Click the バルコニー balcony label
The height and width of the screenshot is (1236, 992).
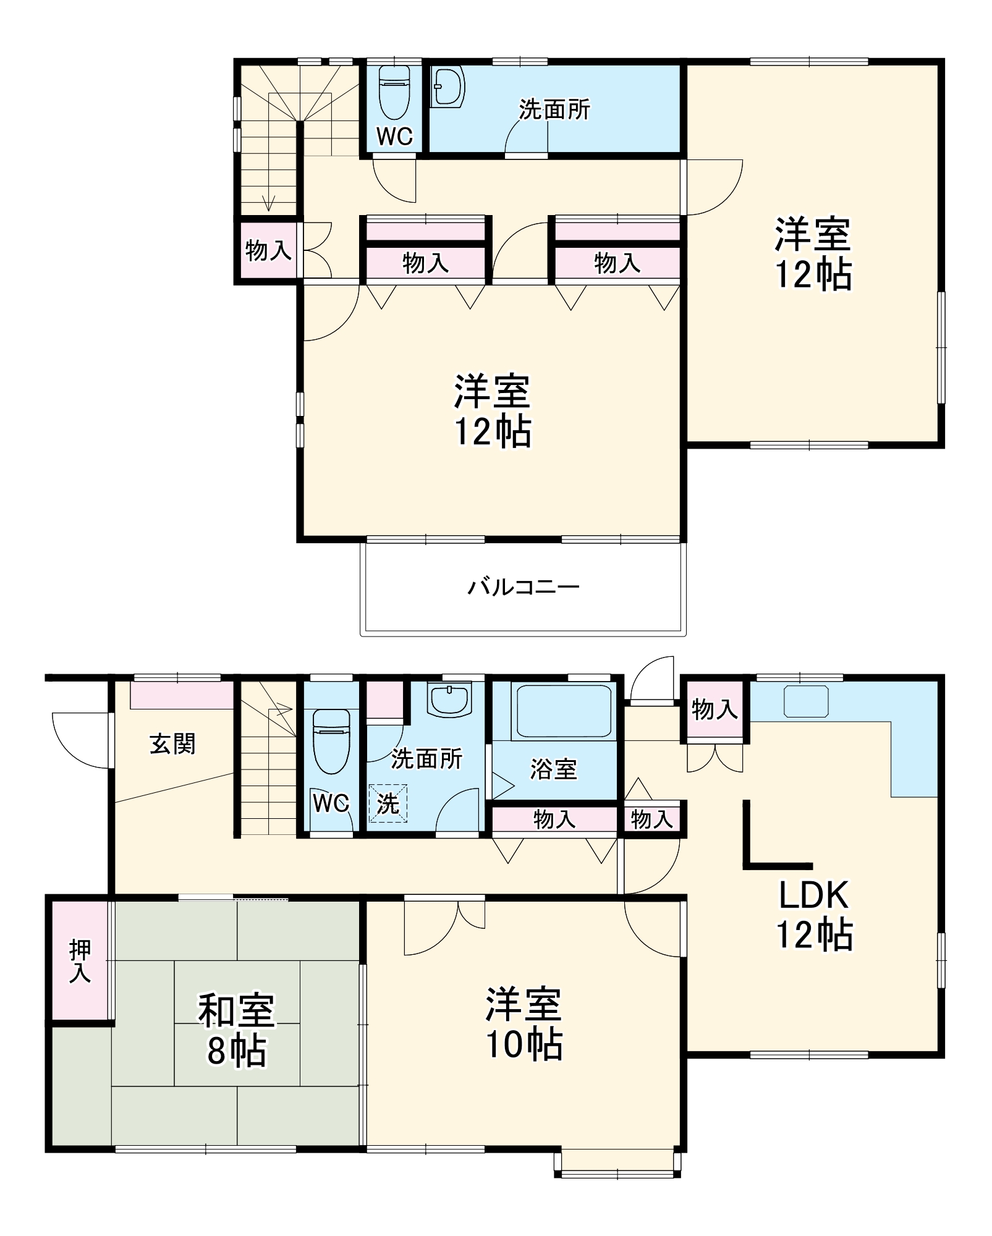(523, 586)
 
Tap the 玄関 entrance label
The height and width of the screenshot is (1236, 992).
(172, 743)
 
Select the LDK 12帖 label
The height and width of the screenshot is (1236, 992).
(814, 915)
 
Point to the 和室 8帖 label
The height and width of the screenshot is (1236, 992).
(236, 1030)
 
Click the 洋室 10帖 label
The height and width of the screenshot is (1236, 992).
(524, 1024)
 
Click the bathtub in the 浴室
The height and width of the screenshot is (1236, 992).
(564, 711)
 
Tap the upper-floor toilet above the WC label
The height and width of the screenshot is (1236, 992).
(394, 92)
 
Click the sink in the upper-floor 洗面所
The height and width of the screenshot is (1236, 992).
(448, 87)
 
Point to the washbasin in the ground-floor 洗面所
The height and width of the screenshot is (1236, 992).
(450, 700)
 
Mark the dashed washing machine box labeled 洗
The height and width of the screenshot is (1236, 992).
(388, 803)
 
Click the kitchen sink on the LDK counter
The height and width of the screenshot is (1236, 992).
(806, 701)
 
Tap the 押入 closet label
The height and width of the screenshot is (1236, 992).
(80, 961)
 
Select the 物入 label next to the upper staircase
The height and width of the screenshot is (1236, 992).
(268, 250)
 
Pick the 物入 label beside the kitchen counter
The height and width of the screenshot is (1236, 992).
(715, 709)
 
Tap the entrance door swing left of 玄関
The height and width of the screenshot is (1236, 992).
(81, 740)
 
